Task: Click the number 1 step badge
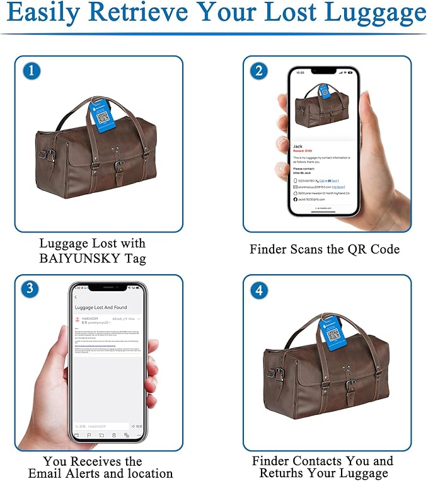click(32, 71)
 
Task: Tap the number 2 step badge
click(258, 71)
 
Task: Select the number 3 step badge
click(30, 289)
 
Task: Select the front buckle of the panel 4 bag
click(350, 386)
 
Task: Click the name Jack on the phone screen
click(298, 146)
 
